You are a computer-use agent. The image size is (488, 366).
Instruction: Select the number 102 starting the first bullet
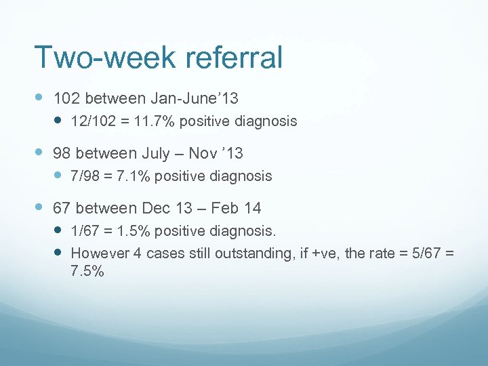tap(66, 99)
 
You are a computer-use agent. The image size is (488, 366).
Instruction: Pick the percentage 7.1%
tap(131, 177)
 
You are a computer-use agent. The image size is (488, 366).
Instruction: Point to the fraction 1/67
tap(83, 231)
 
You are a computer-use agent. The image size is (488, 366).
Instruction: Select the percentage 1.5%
tap(131, 231)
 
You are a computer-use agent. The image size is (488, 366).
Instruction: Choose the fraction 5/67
tap(425, 253)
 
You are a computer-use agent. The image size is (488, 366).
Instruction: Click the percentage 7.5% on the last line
tap(87, 271)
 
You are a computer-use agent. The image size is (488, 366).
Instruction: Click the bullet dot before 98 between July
tap(39, 154)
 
